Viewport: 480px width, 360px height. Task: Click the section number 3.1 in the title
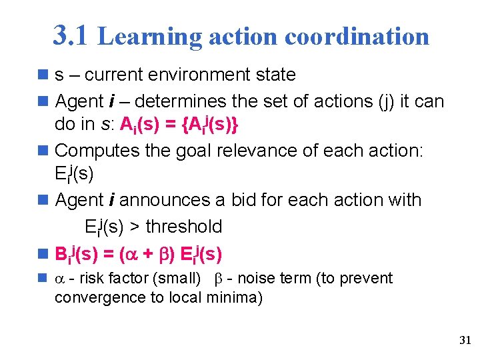click(x=69, y=35)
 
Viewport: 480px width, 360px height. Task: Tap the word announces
click(x=173, y=199)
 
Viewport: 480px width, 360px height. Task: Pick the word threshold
click(x=183, y=227)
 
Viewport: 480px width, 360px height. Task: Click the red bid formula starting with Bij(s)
click(x=139, y=254)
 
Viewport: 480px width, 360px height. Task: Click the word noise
click(x=261, y=278)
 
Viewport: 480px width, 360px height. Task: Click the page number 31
click(x=465, y=341)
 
